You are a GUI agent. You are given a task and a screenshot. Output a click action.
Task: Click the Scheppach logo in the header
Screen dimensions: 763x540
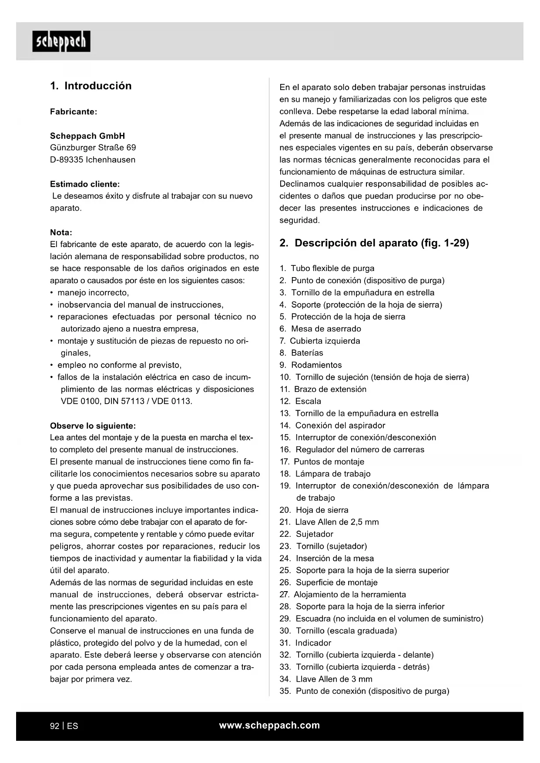[61, 41]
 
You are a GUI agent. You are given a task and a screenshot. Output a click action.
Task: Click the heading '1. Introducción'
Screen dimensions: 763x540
[91, 86]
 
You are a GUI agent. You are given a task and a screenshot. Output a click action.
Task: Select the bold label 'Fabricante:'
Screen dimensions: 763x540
[74, 111]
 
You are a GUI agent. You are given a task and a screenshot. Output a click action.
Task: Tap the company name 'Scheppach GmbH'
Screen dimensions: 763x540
[87, 136]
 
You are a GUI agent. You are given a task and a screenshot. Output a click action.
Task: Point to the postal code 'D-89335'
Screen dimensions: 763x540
[66, 160]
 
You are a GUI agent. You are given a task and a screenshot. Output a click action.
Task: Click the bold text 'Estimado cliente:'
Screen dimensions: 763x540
[85, 184]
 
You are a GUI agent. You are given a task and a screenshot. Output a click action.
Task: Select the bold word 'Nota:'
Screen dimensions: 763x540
[61, 232]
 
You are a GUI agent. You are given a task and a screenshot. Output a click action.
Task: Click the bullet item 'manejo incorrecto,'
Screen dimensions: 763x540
[93, 293]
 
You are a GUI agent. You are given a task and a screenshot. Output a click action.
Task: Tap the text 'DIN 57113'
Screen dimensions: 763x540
[124, 401]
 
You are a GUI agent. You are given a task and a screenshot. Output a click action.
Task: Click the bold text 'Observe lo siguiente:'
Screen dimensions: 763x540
[93, 425]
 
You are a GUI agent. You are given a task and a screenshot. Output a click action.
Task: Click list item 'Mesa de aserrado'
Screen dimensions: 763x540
[326, 329]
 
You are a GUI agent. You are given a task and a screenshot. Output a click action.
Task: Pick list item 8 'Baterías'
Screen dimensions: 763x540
[307, 353]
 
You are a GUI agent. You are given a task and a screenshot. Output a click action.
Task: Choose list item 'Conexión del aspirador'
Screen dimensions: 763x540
[340, 425]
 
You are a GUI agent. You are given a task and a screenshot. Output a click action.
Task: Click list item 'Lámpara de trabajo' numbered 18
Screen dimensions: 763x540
[332, 474]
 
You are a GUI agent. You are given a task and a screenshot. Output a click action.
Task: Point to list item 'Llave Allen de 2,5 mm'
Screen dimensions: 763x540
[337, 522]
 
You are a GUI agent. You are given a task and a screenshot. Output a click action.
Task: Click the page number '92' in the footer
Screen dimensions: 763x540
[55, 726]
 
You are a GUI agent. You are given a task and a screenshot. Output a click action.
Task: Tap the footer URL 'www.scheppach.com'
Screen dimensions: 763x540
[269, 725]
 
